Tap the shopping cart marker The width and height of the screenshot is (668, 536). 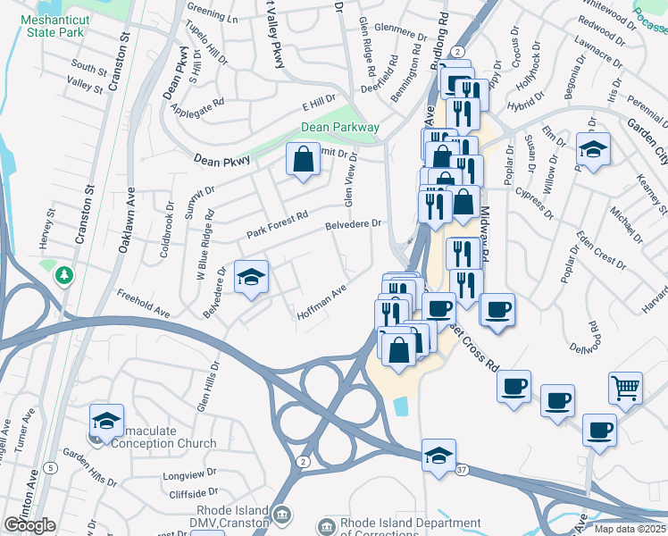[x=625, y=387]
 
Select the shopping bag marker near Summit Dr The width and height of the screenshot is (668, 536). [x=303, y=160]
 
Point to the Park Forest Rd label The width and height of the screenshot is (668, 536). [x=278, y=224]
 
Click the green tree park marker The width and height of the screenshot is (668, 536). [x=64, y=274]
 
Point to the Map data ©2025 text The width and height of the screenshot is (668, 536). [x=630, y=529]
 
